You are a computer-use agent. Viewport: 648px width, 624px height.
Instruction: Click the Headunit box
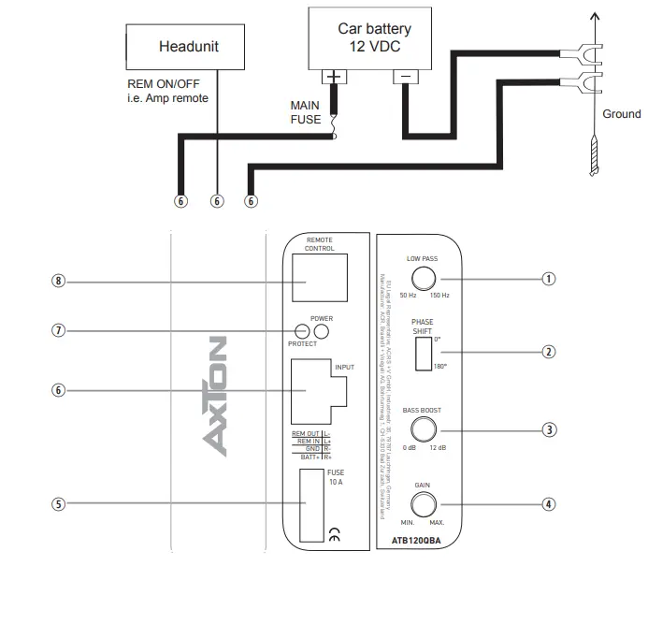tap(188, 46)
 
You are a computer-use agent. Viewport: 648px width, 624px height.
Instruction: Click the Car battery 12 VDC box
tap(373, 37)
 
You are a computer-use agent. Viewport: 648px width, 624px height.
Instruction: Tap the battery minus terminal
tap(405, 78)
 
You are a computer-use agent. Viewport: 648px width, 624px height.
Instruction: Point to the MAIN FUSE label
tap(305, 113)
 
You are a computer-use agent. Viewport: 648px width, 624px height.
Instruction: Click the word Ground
tap(621, 114)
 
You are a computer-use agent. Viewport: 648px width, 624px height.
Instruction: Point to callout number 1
tap(549, 278)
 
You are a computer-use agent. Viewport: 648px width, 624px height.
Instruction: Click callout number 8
tap(59, 281)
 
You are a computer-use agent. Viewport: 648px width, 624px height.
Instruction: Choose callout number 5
tap(59, 503)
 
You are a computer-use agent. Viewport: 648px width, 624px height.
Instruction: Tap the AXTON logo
tap(216, 398)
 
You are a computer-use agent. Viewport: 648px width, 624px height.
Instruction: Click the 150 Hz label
tap(439, 296)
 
